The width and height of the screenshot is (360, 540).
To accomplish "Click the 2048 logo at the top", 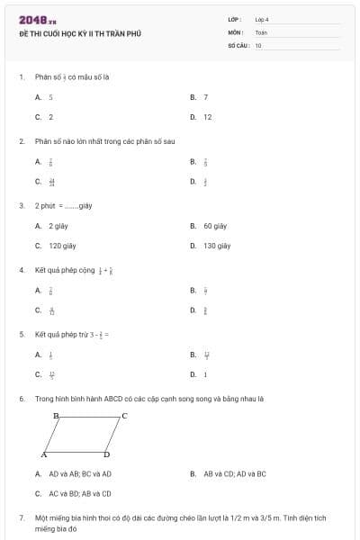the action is click(37, 20).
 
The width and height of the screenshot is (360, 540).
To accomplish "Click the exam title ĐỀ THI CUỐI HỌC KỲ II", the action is click(80, 34).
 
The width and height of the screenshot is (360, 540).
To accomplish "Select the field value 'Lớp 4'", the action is click(262, 19).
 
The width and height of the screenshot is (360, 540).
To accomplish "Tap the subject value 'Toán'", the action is click(261, 31).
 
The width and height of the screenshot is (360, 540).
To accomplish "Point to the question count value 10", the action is click(258, 44).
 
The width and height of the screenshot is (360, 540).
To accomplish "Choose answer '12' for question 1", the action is click(207, 117).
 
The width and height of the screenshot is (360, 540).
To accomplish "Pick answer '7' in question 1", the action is click(205, 96).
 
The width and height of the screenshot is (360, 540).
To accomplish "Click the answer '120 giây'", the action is click(61, 245).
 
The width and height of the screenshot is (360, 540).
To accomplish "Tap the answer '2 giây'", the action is click(58, 226).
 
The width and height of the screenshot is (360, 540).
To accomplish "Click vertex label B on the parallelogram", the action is click(56, 416).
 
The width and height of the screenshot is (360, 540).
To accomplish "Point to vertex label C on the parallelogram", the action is click(124, 416).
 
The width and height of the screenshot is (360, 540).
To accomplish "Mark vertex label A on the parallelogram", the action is click(43, 454).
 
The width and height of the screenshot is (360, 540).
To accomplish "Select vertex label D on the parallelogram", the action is click(106, 454).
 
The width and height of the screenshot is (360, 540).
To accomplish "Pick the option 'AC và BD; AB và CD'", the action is click(79, 493).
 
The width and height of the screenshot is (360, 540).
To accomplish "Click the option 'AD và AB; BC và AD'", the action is click(79, 473).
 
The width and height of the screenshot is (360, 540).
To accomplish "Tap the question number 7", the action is click(21, 518).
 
